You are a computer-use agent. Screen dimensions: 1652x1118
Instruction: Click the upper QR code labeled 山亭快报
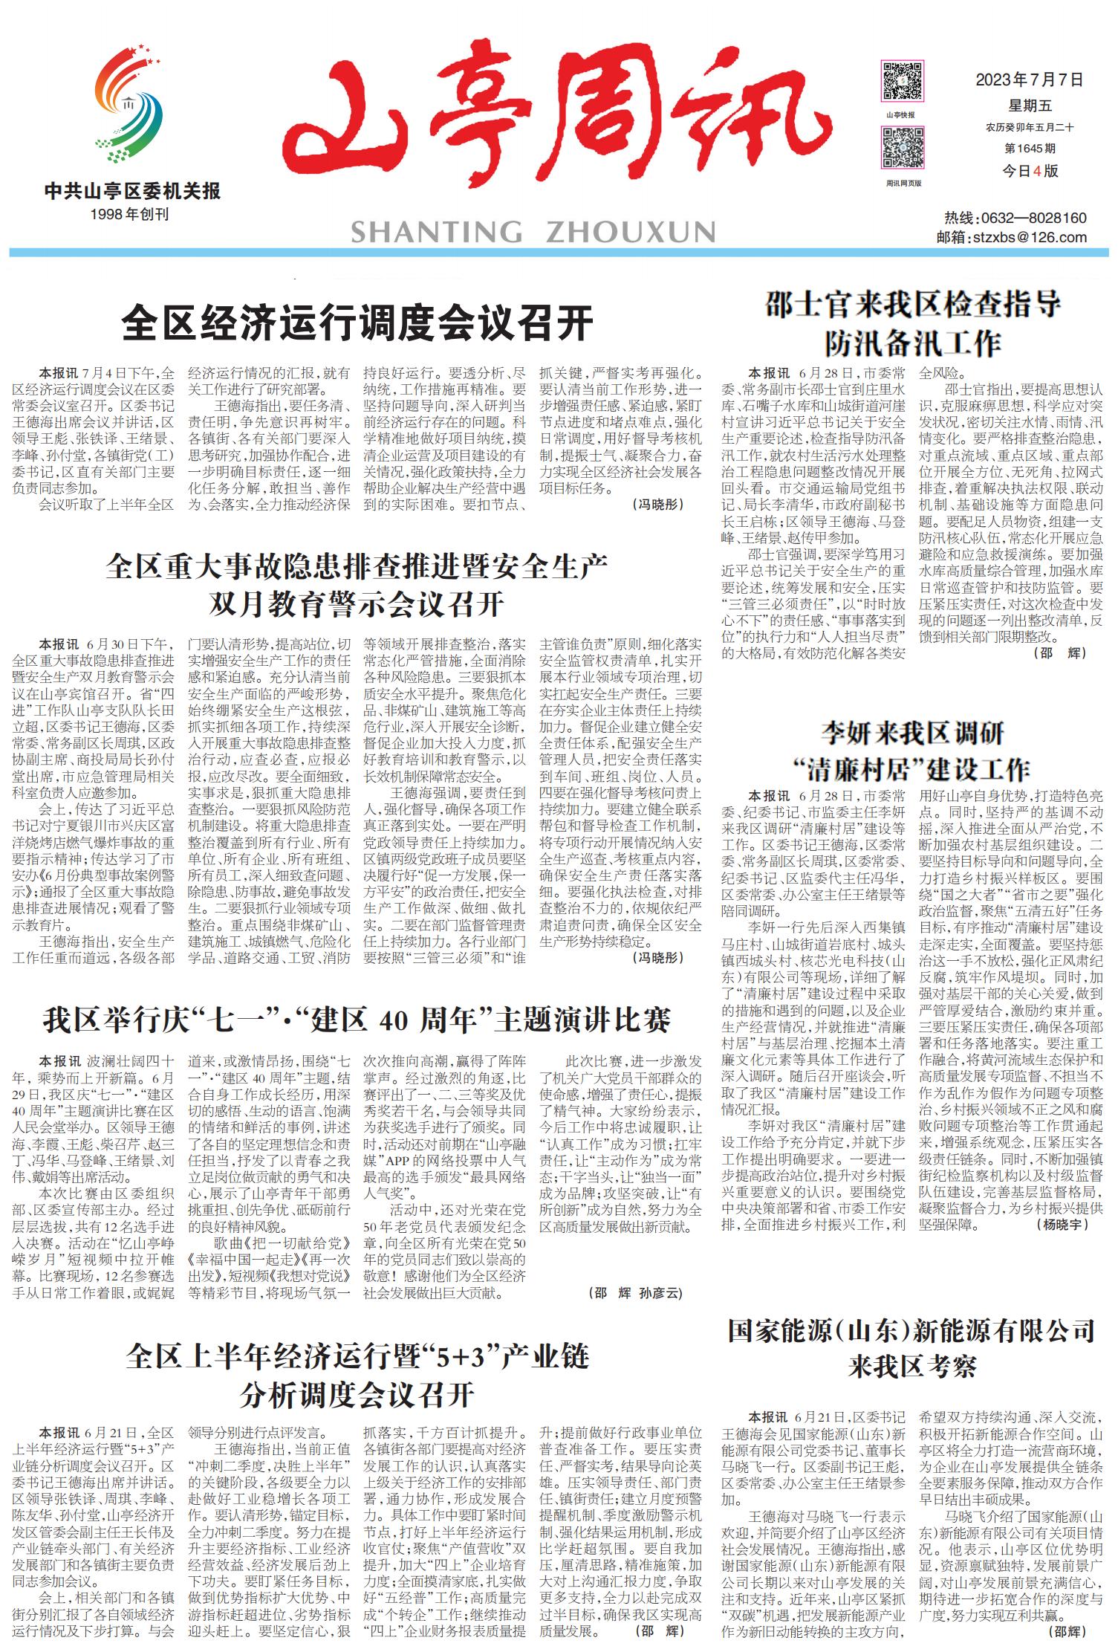[903, 82]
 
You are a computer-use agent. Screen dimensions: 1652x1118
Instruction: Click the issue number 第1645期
[1030, 149]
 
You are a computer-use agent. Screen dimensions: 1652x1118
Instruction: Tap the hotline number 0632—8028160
[1033, 218]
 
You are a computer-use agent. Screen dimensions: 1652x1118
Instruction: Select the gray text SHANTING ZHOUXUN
[533, 232]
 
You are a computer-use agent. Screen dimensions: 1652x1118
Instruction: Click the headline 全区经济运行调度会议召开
[357, 323]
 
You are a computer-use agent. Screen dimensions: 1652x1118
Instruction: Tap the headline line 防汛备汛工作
[913, 343]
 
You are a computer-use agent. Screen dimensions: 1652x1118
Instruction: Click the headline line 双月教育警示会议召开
[357, 604]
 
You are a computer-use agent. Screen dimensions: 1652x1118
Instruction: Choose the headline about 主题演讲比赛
[357, 1020]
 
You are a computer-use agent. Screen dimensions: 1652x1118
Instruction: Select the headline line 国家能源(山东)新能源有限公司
[911, 1331]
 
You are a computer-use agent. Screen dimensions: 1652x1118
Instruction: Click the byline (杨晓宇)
[1065, 1224]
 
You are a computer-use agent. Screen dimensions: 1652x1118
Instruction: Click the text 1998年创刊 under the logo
[129, 214]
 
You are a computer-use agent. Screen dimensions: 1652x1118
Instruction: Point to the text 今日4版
[1030, 171]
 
